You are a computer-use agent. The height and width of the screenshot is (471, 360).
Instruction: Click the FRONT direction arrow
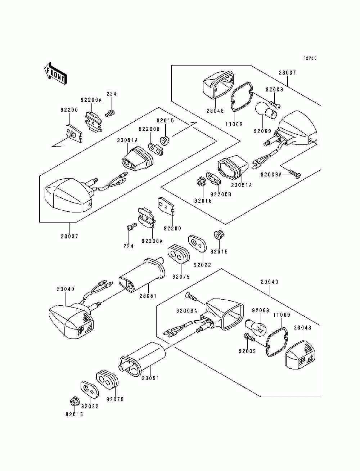pos(56,74)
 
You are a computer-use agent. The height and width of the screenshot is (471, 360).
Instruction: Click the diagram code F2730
pos(310,58)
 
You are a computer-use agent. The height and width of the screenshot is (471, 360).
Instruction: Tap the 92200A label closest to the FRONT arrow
pos(91,100)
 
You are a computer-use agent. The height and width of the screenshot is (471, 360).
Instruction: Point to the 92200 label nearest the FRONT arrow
pos(69,110)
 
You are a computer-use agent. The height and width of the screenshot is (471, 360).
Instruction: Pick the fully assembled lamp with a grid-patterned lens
pos(71,321)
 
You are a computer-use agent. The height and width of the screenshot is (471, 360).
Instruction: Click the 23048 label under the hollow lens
pos(215,111)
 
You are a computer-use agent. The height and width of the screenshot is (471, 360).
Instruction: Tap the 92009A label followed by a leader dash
pos(271,175)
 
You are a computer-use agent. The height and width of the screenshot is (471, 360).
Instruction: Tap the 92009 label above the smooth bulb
pos(274,89)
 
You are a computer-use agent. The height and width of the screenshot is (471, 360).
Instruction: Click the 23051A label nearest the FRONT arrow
pos(127,140)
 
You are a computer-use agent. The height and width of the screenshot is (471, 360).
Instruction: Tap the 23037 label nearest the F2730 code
pos(287,73)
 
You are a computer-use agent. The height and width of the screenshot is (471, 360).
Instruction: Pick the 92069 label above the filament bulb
pos(260,310)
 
